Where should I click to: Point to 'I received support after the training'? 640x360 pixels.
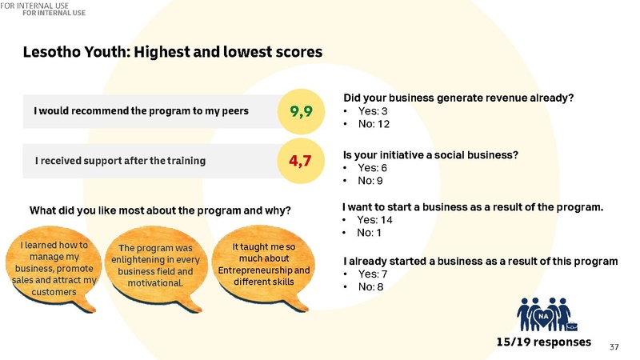pos(120,161)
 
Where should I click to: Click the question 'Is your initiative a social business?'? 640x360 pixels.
pos(435,155)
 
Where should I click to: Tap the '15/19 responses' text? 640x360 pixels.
pos(543,342)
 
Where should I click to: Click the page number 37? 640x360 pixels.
pos(614,346)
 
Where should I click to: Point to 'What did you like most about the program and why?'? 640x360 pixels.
pos(160,212)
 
